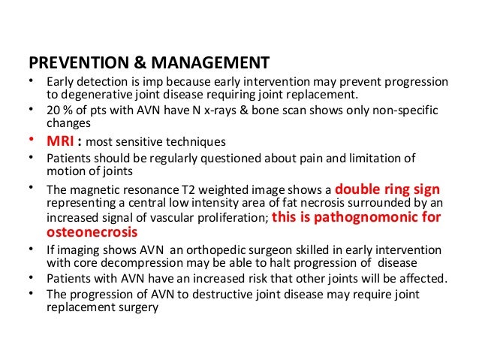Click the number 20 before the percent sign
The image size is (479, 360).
[53, 110]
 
